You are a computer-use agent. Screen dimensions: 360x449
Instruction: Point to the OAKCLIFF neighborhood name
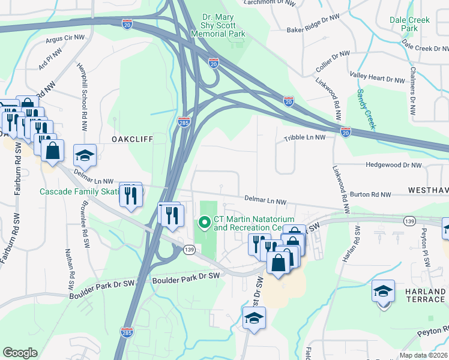(132, 139)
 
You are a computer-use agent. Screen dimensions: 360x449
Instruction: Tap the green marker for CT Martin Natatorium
(204, 223)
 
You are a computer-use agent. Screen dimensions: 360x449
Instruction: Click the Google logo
(20, 353)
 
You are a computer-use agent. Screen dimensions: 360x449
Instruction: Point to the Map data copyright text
(424, 355)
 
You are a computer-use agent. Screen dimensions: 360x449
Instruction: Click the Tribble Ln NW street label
(304, 137)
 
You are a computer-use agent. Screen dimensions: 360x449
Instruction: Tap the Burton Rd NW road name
(370, 194)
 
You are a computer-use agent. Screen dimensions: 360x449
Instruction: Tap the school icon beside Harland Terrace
(383, 292)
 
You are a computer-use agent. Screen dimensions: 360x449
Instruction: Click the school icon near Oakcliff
(85, 155)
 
